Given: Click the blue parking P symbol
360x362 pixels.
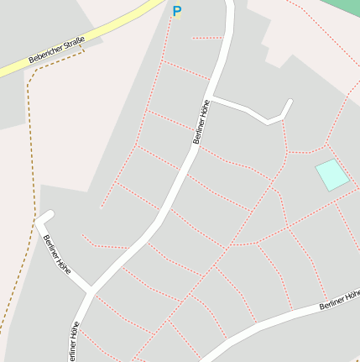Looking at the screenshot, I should coord(176,11).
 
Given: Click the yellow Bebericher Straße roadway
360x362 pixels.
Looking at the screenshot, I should coord(109,31).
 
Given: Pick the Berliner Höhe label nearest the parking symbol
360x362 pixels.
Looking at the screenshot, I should coord(201,123).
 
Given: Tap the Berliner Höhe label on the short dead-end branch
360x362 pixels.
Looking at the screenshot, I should coord(57,255).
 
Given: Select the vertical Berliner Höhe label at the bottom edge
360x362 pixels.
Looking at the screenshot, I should coord(75,340).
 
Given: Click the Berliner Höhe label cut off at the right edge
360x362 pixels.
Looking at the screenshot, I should coord(339,301).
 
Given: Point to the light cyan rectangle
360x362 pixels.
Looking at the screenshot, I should coord(331,175).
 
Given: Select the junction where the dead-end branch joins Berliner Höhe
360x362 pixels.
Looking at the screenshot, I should coord(90,291).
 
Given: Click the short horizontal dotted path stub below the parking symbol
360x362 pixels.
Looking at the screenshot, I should coord(207,38).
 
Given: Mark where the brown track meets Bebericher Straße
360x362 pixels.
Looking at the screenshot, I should coord(85,49).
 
